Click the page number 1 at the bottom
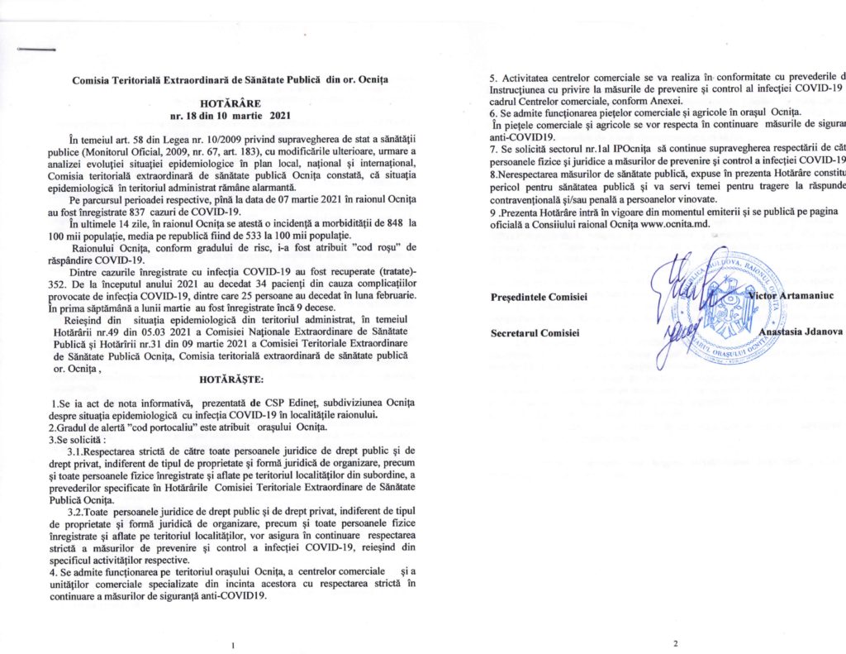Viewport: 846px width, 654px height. point(235,644)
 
